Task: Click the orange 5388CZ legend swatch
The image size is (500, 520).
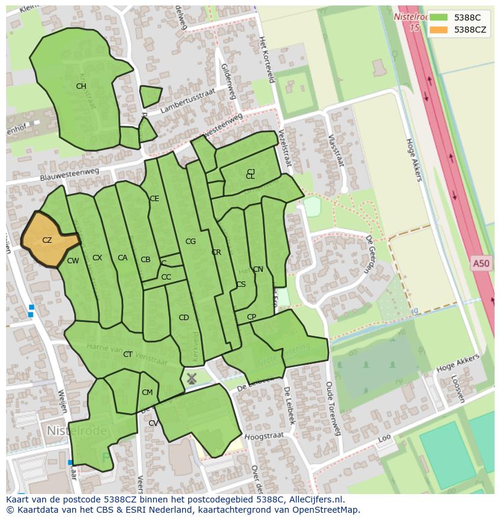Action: (x=439, y=30)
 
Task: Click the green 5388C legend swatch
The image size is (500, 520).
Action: (x=439, y=18)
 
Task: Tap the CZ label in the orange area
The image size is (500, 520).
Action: (x=47, y=240)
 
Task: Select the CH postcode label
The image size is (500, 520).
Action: (x=81, y=86)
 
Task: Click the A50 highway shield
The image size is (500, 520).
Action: (x=481, y=263)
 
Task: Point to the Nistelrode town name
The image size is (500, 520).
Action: (x=77, y=431)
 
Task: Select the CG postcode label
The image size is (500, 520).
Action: (x=191, y=242)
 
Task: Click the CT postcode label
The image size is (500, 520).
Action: (x=127, y=355)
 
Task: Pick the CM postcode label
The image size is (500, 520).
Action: (x=147, y=393)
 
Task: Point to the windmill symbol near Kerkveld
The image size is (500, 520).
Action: (x=191, y=379)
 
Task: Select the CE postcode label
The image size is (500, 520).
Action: (x=155, y=199)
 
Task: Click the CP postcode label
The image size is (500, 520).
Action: (x=251, y=317)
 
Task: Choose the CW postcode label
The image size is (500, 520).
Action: (x=73, y=261)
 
